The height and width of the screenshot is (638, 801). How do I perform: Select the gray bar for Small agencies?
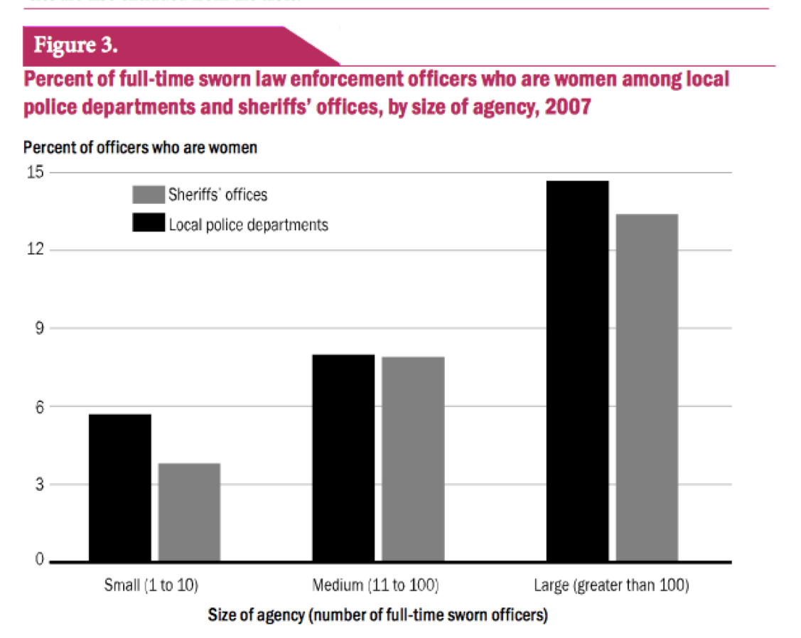click(x=189, y=512)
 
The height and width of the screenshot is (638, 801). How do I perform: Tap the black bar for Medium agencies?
click(x=343, y=458)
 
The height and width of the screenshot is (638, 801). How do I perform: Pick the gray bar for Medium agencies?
click(x=413, y=459)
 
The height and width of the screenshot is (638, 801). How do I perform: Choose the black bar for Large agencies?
click(x=577, y=371)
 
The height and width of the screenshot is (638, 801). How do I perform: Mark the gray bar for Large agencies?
click(x=647, y=387)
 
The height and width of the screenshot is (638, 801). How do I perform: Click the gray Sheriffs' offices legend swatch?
click(x=148, y=194)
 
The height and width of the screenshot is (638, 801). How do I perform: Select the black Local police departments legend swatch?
click(x=148, y=223)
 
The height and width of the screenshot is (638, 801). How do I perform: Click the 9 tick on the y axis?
click(x=37, y=328)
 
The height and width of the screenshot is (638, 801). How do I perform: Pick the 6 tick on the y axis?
click(x=37, y=406)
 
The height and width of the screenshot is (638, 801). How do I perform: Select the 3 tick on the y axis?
click(x=37, y=485)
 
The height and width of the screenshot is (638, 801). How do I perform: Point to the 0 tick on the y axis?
click(x=37, y=561)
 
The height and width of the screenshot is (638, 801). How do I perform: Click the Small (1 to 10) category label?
click(x=151, y=586)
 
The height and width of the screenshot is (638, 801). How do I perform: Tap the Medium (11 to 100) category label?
click(x=375, y=586)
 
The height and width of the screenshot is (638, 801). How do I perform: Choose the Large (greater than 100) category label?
click(x=611, y=586)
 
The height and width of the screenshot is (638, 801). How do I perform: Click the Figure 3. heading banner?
click(x=76, y=45)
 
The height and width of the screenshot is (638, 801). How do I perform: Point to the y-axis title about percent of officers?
click(x=140, y=148)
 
